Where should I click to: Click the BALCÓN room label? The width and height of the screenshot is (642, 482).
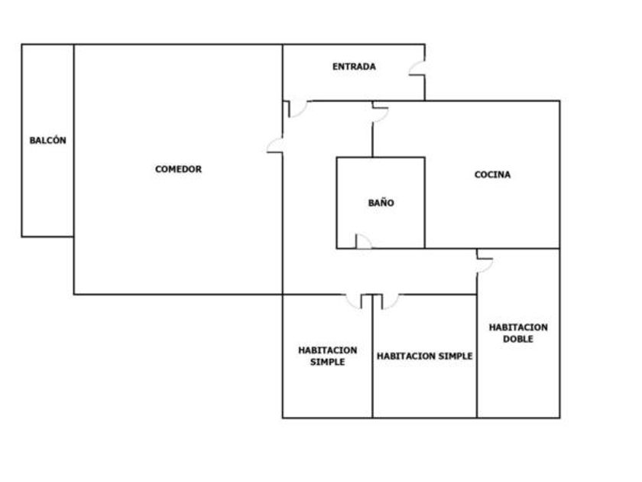click(47, 141)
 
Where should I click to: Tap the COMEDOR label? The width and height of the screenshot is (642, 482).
click(178, 169)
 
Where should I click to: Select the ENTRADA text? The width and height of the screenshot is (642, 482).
click(354, 67)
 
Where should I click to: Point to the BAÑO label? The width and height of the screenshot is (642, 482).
click(381, 203)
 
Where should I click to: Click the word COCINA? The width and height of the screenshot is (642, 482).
click(492, 174)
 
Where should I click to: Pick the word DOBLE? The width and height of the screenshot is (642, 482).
click(518, 339)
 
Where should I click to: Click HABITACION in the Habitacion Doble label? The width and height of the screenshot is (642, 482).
click(518, 327)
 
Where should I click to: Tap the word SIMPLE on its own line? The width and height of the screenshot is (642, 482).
click(328, 362)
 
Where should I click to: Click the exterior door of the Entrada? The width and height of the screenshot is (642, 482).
click(417, 68)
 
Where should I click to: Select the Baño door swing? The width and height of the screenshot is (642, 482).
click(364, 242)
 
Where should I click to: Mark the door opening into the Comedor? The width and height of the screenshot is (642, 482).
click(274, 145)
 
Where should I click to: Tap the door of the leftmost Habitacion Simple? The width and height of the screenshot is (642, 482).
click(354, 301)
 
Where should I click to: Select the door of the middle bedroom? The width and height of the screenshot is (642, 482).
click(391, 301)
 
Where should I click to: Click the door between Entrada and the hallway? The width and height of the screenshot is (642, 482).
click(298, 109)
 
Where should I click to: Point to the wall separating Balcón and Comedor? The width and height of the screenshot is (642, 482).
click(73, 141)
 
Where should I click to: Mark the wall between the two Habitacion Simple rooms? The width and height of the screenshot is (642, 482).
click(372, 357)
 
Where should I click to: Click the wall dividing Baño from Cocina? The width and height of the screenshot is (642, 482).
click(425, 203)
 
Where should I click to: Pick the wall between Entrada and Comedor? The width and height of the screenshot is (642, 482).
click(283, 73)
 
